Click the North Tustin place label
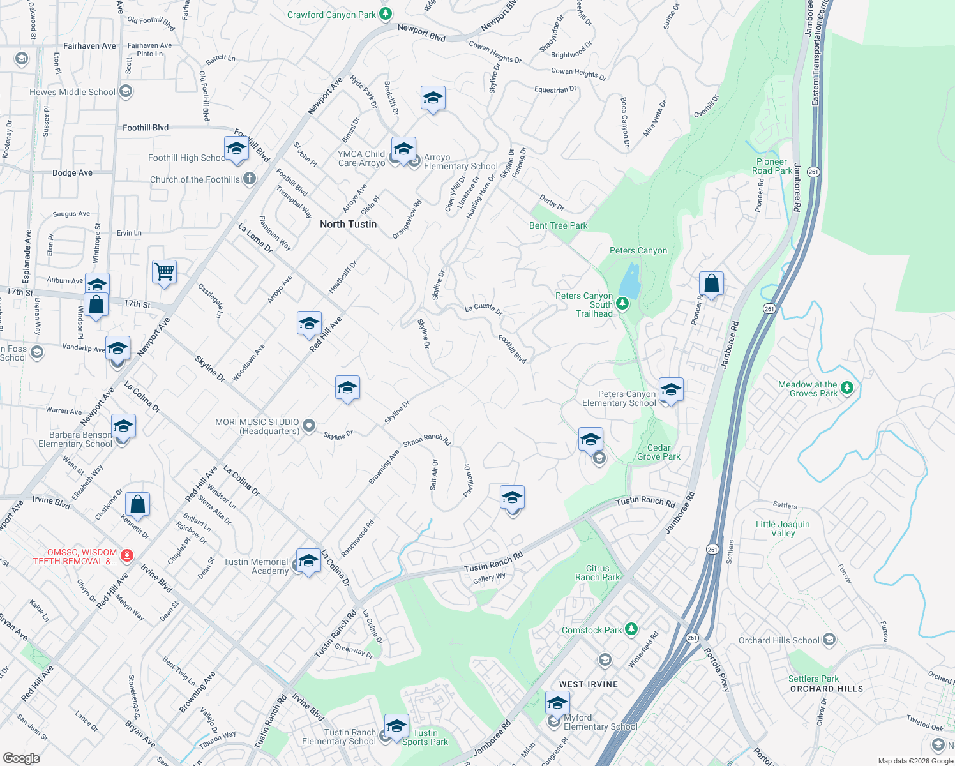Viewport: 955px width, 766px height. pyautogui.click(x=348, y=224)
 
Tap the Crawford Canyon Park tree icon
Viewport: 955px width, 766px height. pyautogui.click(x=385, y=13)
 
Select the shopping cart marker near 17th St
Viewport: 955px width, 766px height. pyautogui.click(x=164, y=273)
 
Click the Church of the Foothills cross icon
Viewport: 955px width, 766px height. pyautogui.click(x=249, y=179)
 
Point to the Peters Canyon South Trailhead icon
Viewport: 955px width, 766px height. pyautogui.click(x=622, y=304)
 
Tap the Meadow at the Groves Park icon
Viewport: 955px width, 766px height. pyautogui.click(x=847, y=387)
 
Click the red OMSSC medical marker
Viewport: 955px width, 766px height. pyautogui.click(x=127, y=555)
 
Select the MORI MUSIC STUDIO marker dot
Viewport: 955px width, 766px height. pyautogui.click(x=309, y=426)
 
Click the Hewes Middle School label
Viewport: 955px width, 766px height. pyautogui.click(x=72, y=92)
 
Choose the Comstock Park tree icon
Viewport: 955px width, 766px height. pyautogui.click(x=631, y=629)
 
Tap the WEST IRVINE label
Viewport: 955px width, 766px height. pyautogui.click(x=588, y=684)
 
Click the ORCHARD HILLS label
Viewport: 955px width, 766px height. pyautogui.click(x=826, y=689)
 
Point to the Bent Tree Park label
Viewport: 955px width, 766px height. pyautogui.click(x=558, y=225)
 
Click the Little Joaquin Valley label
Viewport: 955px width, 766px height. pyautogui.click(x=783, y=529)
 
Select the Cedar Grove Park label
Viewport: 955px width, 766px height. pyautogui.click(x=659, y=452)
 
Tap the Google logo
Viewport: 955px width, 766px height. pyautogui.click(x=21, y=758)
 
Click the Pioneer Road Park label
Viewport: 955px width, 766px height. pyautogui.click(x=772, y=166)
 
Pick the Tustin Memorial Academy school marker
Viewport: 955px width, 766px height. pyautogui.click(x=308, y=561)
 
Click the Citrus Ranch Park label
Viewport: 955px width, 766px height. pyautogui.click(x=598, y=573)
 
